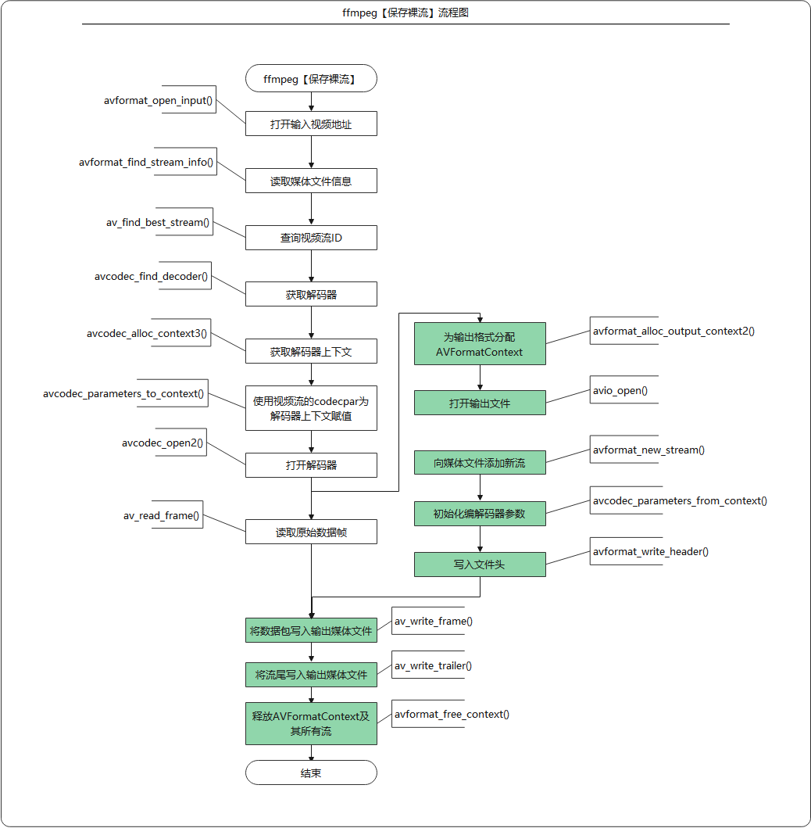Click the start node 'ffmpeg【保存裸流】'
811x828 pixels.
click(311, 79)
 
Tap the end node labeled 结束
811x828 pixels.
click(311, 772)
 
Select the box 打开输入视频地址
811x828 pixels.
click(311, 124)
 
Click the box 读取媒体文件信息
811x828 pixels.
click(311, 181)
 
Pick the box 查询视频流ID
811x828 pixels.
click(311, 238)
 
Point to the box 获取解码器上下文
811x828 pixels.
click(311, 351)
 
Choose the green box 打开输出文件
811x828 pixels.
click(481, 403)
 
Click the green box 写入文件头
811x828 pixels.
click(481, 565)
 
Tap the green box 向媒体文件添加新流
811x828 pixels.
click(481, 463)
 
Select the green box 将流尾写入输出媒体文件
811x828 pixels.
click(311, 675)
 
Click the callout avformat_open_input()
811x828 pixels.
click(159, 100)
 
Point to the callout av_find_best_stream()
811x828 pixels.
click(159, 222)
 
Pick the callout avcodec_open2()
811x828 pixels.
click(163, 443)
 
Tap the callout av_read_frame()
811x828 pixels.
click(162, 514)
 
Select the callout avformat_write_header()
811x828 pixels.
click(650, 551)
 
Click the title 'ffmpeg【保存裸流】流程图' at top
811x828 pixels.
click(405, 13)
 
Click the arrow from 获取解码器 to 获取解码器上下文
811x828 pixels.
click(311, 323)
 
